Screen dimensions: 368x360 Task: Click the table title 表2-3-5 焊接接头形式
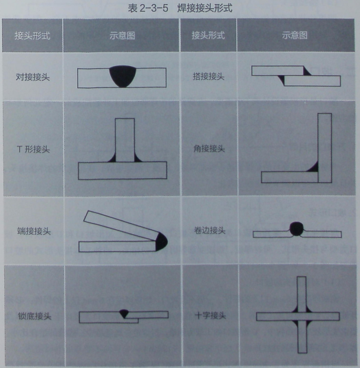click(181, 9)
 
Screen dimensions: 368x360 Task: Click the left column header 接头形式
click(32, 35)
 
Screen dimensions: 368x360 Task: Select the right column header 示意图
click(295, 35)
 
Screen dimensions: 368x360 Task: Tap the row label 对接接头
click(32, 78)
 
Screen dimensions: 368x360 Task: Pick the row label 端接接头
click(32, 232)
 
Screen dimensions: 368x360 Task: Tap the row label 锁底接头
click(32, 316)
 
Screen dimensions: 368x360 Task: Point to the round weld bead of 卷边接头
click(297, 228)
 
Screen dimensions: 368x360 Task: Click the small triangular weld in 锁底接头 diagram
click(124, 314)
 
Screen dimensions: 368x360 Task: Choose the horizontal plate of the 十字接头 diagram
click(268, 316)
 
